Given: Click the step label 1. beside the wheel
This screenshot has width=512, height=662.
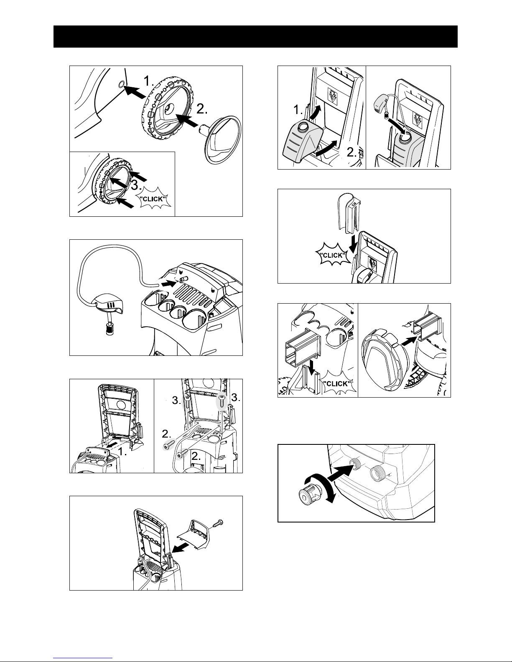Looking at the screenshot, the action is point(149,81).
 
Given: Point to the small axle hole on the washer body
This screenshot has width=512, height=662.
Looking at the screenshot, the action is point(121,84).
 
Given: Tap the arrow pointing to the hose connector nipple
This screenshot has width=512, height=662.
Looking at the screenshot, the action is point(169,283).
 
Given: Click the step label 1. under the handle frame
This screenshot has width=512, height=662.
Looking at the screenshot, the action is point(122,452).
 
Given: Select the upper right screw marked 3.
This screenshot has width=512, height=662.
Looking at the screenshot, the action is point(222,403).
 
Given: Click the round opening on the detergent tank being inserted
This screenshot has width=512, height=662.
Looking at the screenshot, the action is point(303,126).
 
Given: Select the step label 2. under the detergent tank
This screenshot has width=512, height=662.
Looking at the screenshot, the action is point(352,152).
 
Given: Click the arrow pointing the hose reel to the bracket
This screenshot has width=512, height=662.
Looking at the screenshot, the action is point(409,340).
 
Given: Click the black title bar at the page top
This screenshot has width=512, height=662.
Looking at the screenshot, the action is point(255,37).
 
